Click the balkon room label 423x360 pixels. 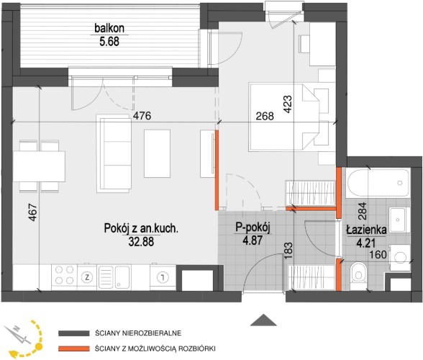[109, 28]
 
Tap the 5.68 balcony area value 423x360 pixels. [109, 42]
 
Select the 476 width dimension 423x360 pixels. [142, 116]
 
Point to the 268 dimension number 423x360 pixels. [265, 116]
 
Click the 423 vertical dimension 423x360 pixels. [288, 104]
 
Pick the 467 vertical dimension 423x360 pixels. [32, 212]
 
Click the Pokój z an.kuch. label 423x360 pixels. [141, 228]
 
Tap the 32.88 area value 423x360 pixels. [141, 242]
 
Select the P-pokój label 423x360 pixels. [253, 228]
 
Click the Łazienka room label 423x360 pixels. [367, 230]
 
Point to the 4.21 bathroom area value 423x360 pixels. [366, 243]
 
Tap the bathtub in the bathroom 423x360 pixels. [378, 184]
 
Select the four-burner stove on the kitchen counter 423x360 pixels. [65, 275]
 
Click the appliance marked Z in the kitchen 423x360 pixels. [87, 276]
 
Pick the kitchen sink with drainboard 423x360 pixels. [115, 276]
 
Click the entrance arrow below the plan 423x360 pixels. [263, 320]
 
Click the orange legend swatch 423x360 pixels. [74, 349]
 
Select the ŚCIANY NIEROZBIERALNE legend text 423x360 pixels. [138, 333]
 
